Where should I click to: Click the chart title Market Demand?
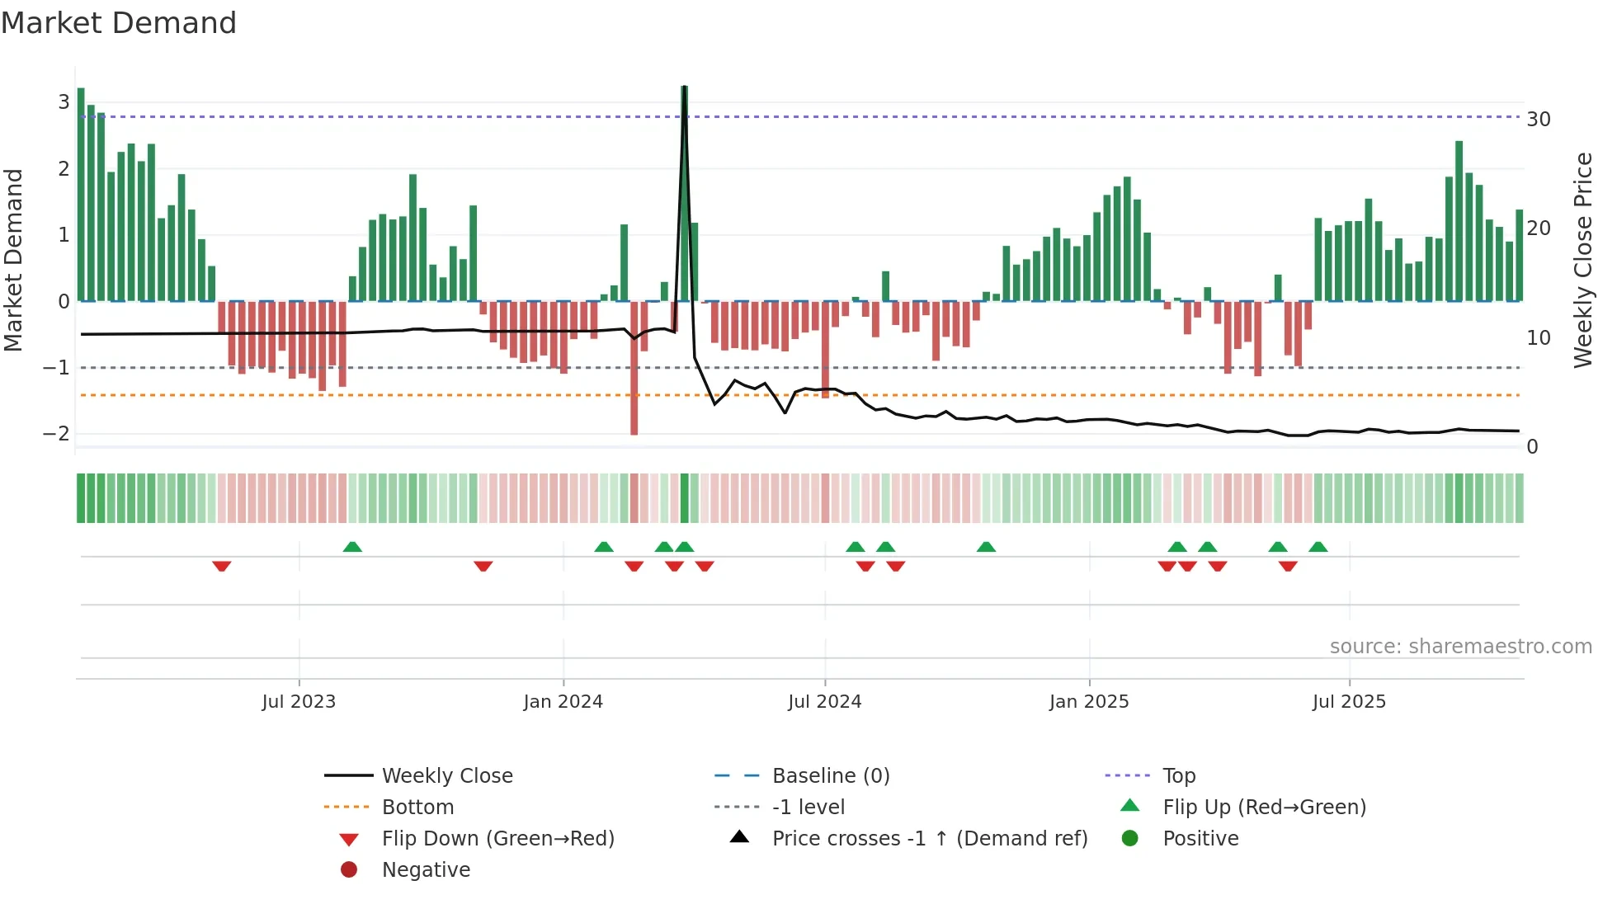[119, 23]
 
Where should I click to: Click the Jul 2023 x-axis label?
[299, 702]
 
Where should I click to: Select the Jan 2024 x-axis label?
[563, 702]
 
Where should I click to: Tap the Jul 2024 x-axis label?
[825, 702]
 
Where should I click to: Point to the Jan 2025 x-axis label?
[1089, 702]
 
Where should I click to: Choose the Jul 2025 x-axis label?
[1350, 702]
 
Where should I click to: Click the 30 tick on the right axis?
[1539, 120]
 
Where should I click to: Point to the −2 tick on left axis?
[57, 434]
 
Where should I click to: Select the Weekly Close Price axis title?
[1582, 260]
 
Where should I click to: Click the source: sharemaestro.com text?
[1460, 647]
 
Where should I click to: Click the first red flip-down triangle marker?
[221, 566]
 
